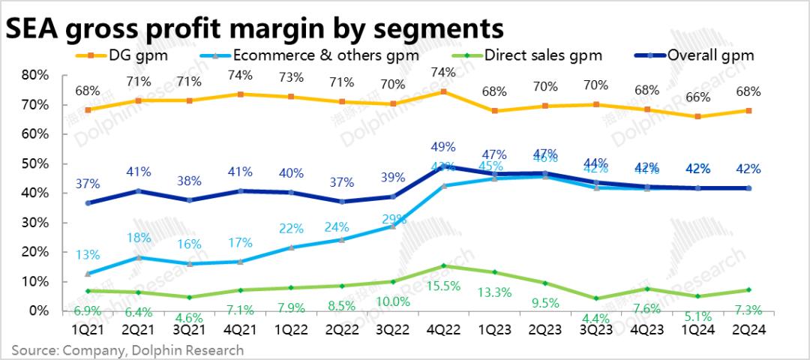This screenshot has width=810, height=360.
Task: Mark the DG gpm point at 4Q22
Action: coord(443,92)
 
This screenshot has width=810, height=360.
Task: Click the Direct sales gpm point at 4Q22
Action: coord(443,265)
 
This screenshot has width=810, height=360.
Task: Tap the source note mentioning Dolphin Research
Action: coord(127,349)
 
